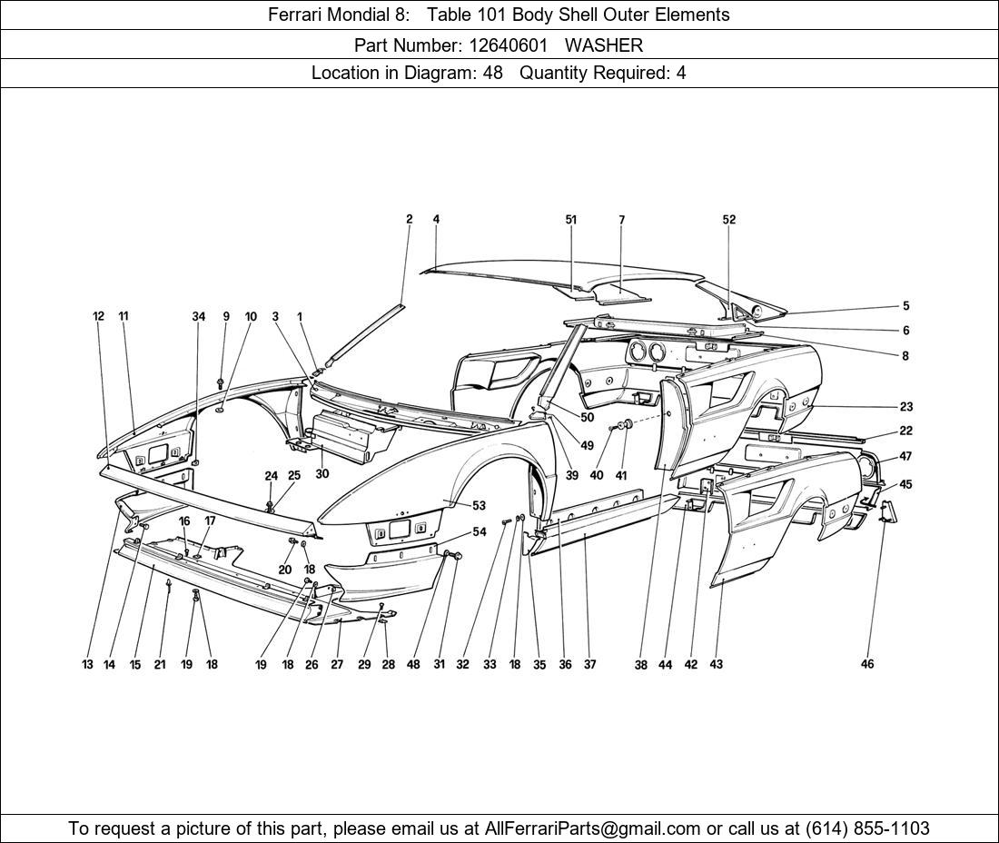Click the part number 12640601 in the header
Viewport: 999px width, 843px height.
pyautogui.click(x=508, y=45)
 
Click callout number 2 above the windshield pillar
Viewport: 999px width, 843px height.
pyautogui.click(x=410, y=219)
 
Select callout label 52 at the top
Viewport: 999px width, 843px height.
pyautogui.click(x=728, y=219)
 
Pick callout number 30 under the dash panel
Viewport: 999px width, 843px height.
pyautogui.click(x=322, y=473)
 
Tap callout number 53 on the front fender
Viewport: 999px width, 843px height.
pyautogui.click(x=479, y=505)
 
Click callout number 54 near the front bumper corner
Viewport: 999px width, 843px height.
pyautogui.click(x=479, y=531)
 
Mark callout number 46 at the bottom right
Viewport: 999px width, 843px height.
pyautogui.click(x=867, y=664)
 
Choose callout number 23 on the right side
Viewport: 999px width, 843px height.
pyautogui.click(x=905, y=407)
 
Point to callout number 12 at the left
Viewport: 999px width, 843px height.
pyautogui.click(x=98, y=316)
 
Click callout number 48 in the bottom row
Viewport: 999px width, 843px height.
pyautogui.click(x=413, y=665)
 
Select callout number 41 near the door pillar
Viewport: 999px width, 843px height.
pyautogui.click(x=621, y=475)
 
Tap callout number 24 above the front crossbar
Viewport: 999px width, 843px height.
pyautogui.click(x=271, y=476)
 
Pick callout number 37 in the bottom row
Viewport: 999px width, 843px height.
pyautogui.click(x=589, y=665)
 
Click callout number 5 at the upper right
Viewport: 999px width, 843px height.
pyautogui.click(x=905, y=306)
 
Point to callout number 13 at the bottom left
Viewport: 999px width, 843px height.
pyautogui.click(x=87, y=665)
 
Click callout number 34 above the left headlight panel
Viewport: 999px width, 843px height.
pyautogui.click(x=198, y=316)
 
